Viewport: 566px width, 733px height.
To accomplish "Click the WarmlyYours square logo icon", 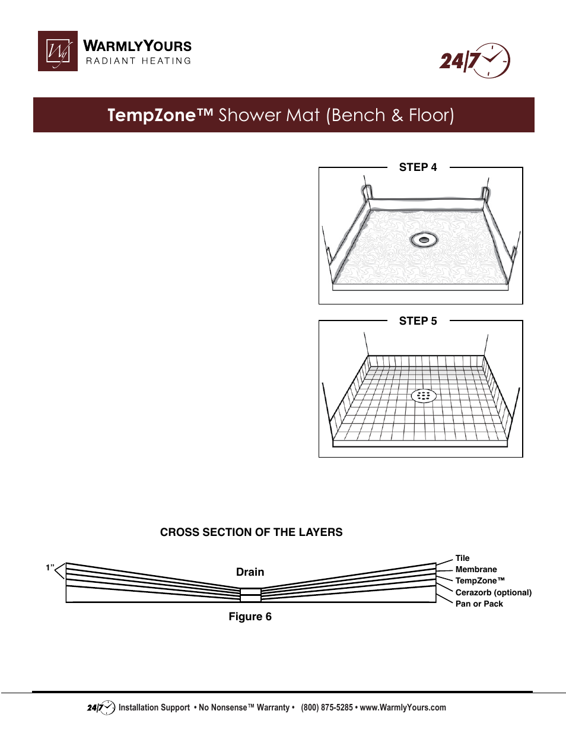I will coord(58,51).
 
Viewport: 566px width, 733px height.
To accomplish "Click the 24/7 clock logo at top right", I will coord(475,61).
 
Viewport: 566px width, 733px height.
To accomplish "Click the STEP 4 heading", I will coord(418,167).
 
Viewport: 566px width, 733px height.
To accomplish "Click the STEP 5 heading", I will coord(418,321).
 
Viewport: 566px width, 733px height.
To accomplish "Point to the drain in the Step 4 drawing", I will coord(424,240).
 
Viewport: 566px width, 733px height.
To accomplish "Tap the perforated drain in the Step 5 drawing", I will coord(424,395).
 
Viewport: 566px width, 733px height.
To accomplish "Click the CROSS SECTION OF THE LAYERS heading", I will coord(251,532).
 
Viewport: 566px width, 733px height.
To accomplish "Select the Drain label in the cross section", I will coord(250,572).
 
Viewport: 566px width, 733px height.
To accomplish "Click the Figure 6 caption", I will coord(250,617).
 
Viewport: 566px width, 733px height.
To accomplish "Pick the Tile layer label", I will coord(462,558).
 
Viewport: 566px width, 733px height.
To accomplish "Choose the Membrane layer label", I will coord(476,569).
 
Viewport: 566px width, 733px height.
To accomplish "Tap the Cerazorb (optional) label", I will coord(493,592).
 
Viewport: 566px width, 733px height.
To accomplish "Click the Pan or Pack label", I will coord(479,604).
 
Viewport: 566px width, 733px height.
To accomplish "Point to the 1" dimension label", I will coord(50,568).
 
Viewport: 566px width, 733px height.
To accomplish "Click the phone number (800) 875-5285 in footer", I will coord(326,707).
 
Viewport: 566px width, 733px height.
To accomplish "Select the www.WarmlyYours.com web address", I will coord(403,707).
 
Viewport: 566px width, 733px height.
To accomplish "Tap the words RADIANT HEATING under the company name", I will coord(138,61).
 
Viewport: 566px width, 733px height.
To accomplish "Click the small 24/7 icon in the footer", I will coord(101,707).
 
